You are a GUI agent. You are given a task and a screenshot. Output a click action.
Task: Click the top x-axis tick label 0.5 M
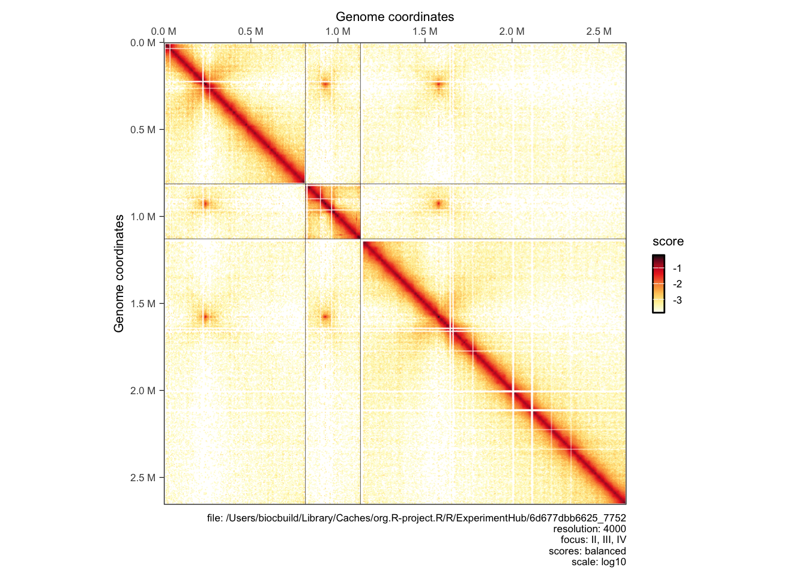tap(250, 31)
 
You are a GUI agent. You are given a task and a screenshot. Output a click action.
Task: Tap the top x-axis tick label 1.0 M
tap(337, 31)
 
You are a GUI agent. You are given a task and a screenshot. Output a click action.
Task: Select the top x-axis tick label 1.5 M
tap(425, 31)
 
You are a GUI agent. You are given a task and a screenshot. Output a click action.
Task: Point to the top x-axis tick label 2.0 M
tap(512, 31)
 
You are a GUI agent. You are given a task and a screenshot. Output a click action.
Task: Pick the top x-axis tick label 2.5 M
tap(599, 31)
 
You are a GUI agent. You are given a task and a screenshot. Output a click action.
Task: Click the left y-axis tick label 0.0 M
tap(143, 43)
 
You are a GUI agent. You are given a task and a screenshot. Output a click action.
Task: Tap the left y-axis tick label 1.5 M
tap(143, 304)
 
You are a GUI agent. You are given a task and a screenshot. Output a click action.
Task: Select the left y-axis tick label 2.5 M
tap(143, 478)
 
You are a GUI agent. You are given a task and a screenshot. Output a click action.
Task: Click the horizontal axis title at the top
tap(394, 17)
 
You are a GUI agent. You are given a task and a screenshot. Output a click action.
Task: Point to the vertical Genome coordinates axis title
tap(119, 273)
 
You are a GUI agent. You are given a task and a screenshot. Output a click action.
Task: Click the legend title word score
tap(668, 241)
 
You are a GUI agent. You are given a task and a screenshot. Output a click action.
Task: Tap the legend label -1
tap(677, 268)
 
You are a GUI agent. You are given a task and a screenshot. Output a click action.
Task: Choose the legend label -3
tap(677, 300)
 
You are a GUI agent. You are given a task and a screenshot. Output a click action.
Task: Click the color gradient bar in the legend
tap(658, 284)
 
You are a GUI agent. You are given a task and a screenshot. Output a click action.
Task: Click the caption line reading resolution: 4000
tap(589, 529)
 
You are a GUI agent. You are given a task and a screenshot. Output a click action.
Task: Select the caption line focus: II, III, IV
tap(593, 540)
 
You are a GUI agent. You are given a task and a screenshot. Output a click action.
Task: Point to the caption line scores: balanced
tap(587, 551)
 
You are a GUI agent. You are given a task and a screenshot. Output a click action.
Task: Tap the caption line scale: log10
tap(598, 562)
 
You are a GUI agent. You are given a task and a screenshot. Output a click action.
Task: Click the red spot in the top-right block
tap(438, 85)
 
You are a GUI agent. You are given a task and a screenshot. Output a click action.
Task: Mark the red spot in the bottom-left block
tap(205, 317)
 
